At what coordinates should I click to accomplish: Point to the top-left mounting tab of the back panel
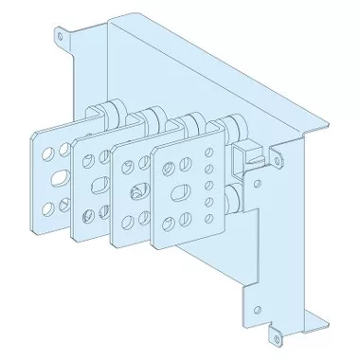point(62,38)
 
